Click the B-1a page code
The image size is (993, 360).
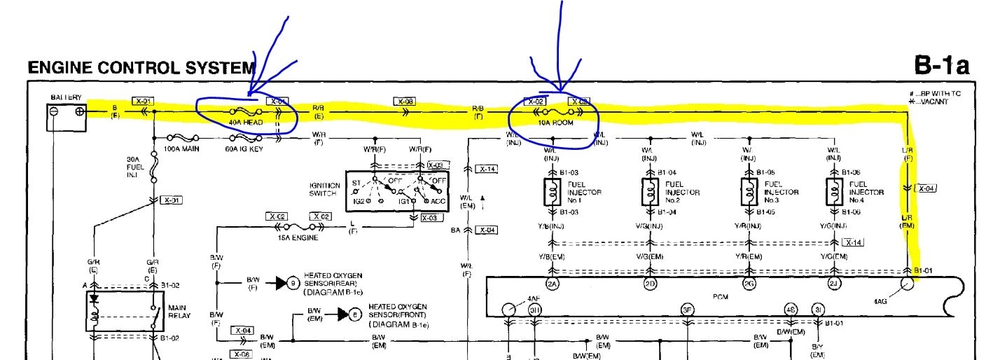(x=941, y=67)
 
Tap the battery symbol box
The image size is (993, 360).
(x=67, y=115)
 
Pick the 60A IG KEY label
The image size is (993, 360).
(x=244, y=149)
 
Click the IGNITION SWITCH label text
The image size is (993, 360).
(x=326, y=189)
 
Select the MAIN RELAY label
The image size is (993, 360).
(x=179, y=312)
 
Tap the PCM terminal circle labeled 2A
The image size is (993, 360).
(x=552, y=284)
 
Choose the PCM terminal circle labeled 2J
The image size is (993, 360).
(x=834, y=284)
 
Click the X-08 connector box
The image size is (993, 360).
(x=405, y=102)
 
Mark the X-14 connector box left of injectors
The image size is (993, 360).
(x=486, y=169)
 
